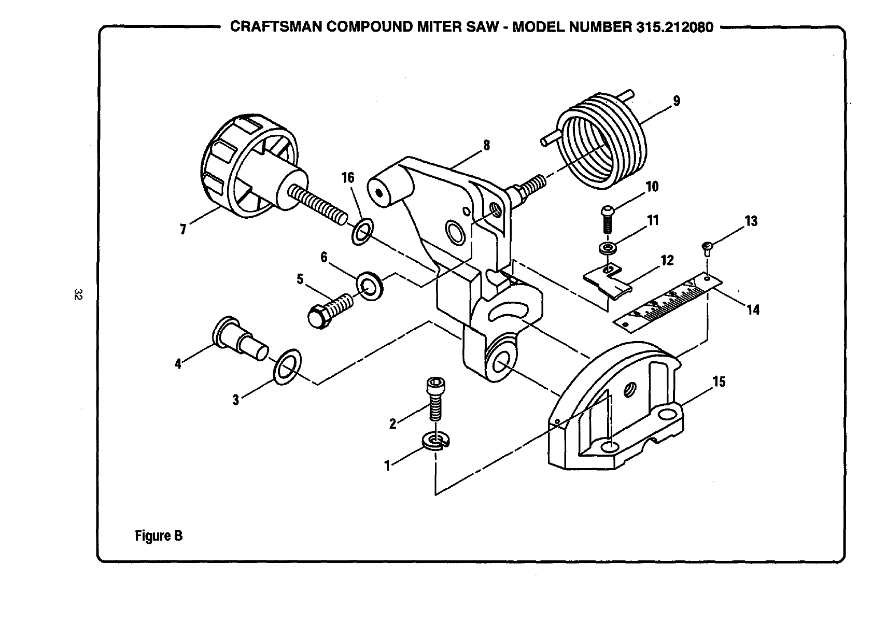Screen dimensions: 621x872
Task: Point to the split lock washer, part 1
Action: coord(436,441)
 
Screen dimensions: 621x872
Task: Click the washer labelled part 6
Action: coord(370,285)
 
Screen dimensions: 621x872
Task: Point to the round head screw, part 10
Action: coord(607,218)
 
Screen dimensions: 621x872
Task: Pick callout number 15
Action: coord(719,382)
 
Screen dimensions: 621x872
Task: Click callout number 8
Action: coord(486,146)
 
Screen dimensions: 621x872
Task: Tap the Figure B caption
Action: coord(159,535)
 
